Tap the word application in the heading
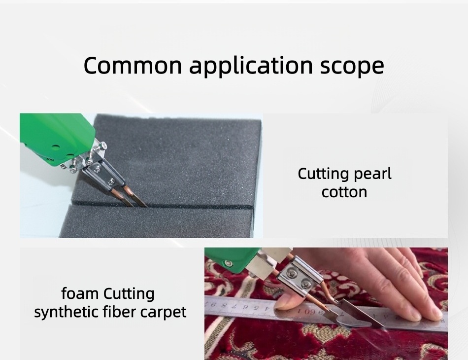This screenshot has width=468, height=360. point(251,66)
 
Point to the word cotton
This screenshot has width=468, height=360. point(344,192)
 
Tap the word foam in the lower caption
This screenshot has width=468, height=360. point(80,294)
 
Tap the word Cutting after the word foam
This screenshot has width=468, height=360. point(129,294)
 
